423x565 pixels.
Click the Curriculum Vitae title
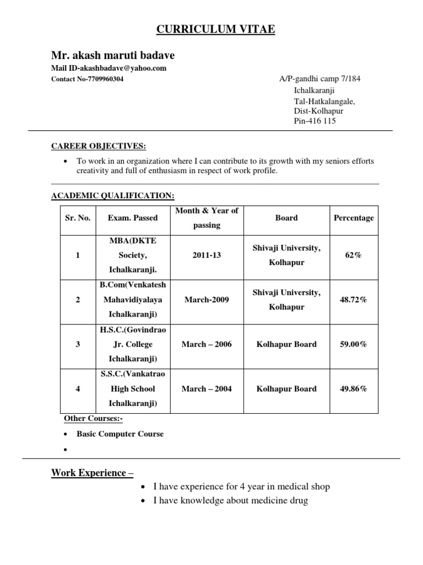point(215,29)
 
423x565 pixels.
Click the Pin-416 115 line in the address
point(314,121)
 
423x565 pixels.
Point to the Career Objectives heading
point(99,146)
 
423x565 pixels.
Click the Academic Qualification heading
point(113,195)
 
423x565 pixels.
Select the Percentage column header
point(354,218)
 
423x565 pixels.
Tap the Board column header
point(286,218)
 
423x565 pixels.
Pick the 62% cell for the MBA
point(354,255)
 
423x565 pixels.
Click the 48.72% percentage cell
point(354,300)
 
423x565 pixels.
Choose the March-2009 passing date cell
point(207,300)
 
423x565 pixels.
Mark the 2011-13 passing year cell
point(207,255)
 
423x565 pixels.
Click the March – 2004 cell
point(207,389)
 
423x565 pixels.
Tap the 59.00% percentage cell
point(354,344)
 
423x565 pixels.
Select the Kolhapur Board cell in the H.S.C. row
point(286,344)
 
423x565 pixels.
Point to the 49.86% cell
point(354,389)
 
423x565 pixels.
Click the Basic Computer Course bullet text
point(120,434)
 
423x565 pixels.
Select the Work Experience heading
point(93,472)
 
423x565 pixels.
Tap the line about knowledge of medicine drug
point(230,500)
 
